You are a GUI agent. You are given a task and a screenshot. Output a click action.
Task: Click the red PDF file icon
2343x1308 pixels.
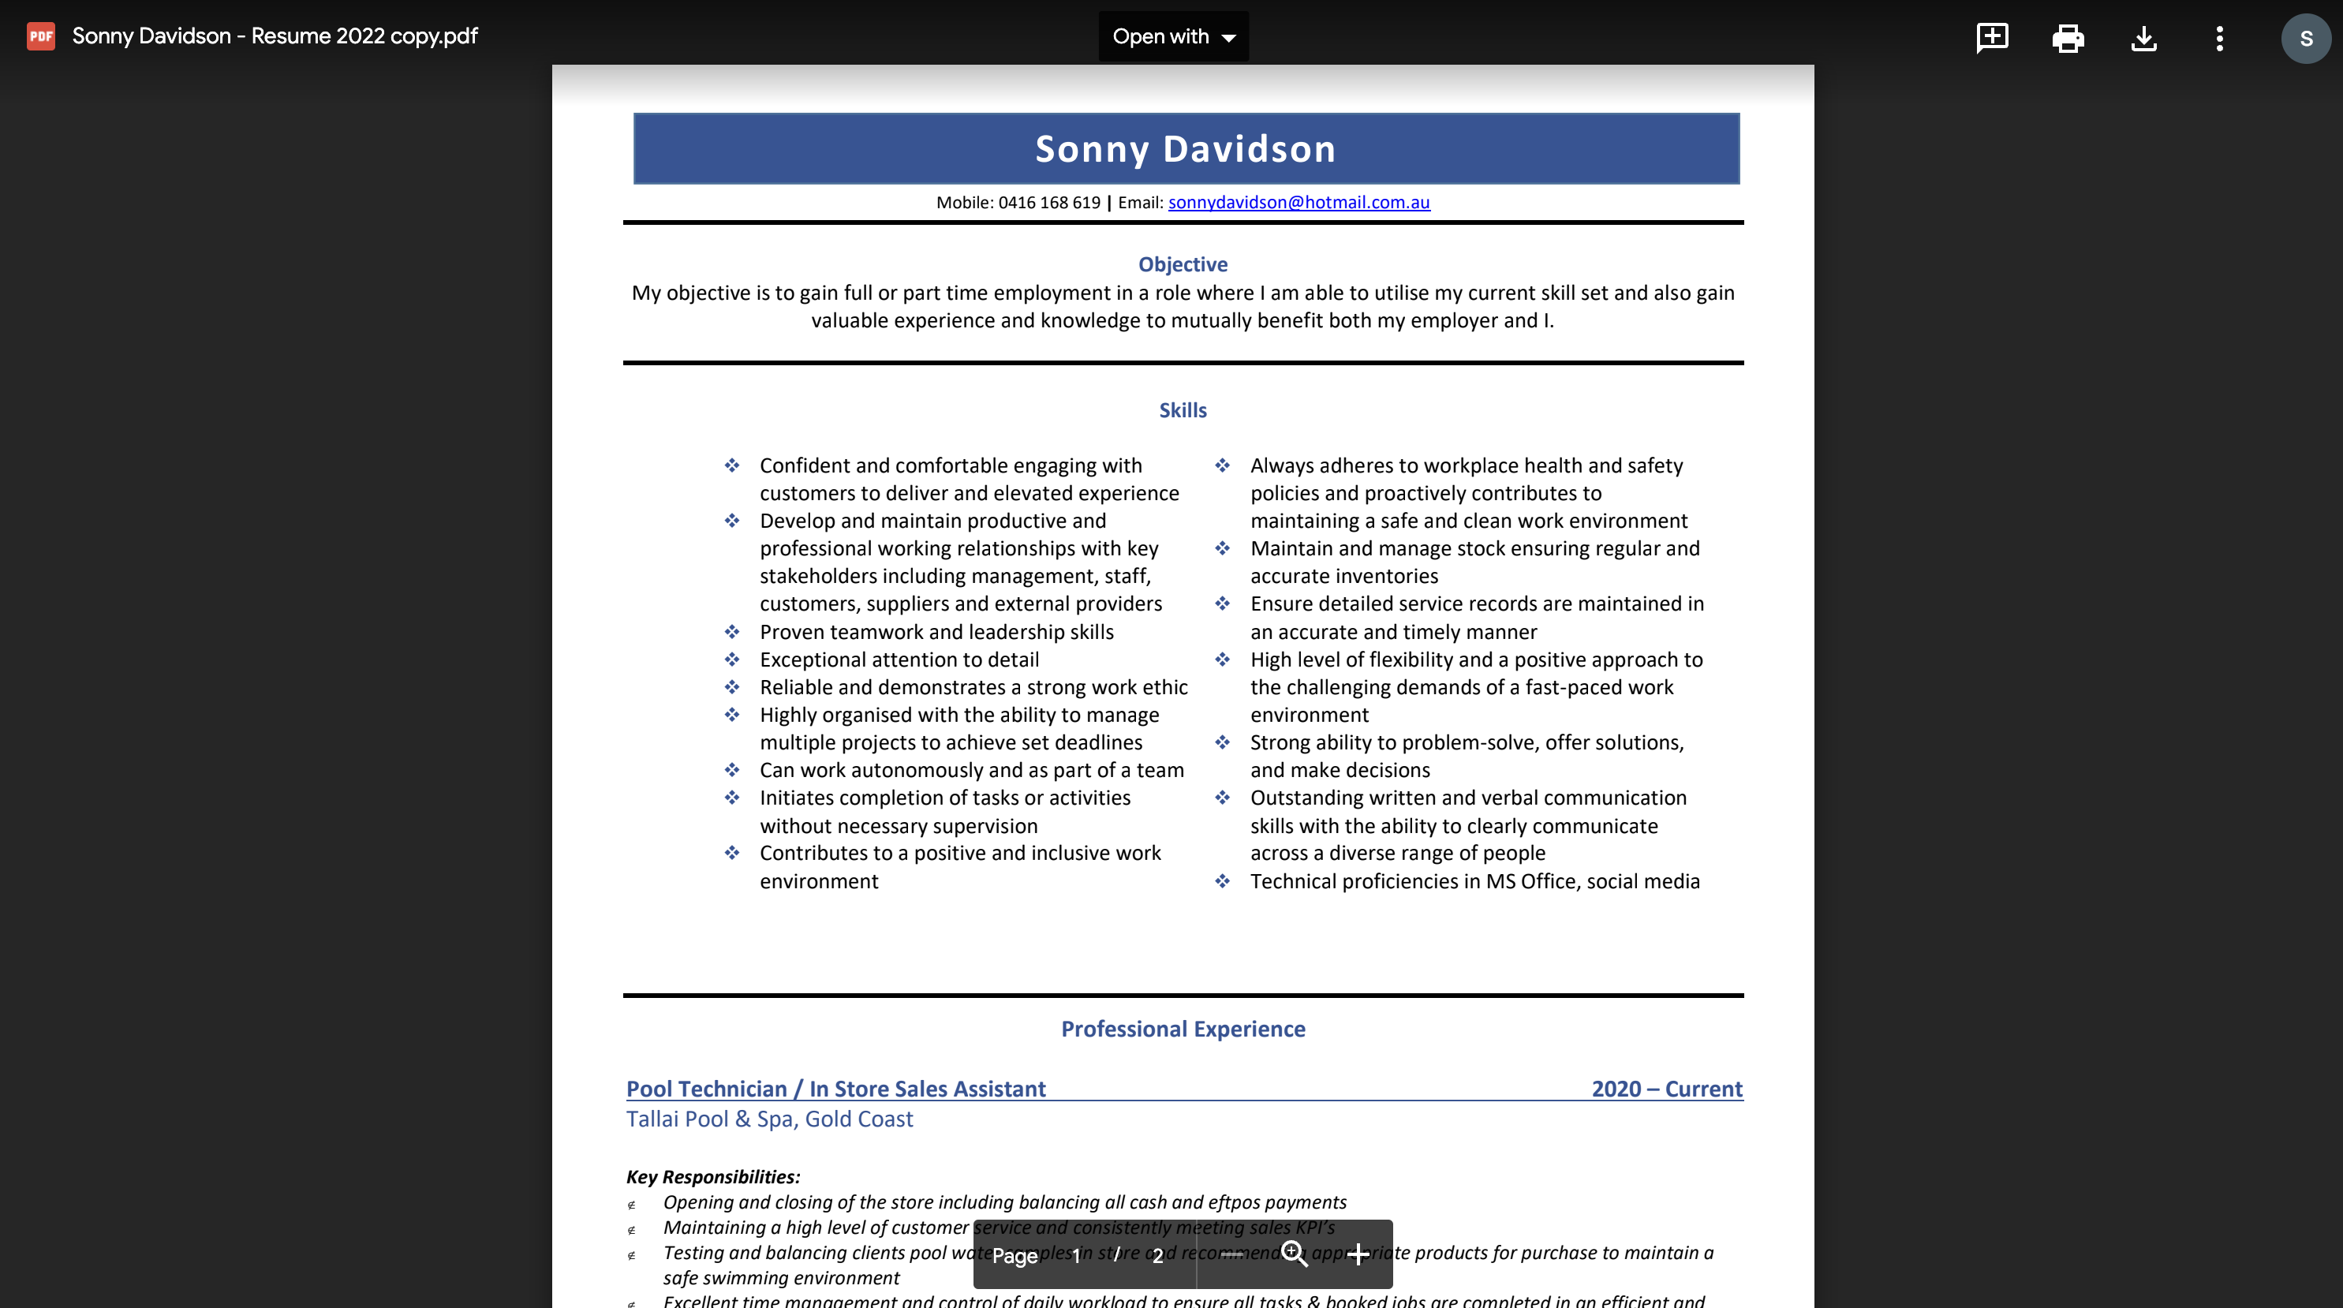tap(41, 36)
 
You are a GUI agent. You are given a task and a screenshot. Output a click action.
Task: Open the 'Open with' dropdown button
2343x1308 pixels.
tap(1172, 36)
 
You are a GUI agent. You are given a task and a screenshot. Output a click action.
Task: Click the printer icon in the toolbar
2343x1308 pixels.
tap(2068, 37)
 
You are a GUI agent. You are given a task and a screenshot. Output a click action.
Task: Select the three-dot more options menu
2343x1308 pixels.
tap(2219, 37)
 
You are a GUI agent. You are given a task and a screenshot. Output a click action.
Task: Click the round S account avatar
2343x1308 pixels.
tap(2305, 38)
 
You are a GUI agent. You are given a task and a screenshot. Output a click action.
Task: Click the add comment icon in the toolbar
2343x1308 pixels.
tap(1992, 37)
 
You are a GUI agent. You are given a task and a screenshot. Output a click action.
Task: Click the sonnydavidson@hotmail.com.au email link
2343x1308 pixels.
tap(1298, 202)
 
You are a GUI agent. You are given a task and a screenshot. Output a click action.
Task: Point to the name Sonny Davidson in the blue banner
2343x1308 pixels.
tap(1185, 148)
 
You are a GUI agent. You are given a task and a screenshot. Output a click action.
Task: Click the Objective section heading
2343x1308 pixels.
tap(1183, 263)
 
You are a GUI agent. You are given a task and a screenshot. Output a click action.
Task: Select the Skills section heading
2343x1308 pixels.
tap(1183, 410)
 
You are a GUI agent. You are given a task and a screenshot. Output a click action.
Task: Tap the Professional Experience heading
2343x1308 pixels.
tap(1183, 1029)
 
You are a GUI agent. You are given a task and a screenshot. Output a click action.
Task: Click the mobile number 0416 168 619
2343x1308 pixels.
tap(1048, 202)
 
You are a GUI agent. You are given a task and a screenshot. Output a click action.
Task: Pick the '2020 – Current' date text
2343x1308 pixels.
tap(1666, 1089)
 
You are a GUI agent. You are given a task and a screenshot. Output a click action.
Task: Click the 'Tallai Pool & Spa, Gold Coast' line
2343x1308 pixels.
tap(768, 1119)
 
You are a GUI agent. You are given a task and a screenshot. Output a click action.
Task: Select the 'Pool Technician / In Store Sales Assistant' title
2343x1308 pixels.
tap(835, 1089)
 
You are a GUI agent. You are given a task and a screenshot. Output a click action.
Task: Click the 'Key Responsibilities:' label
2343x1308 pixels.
tap(712, 1176)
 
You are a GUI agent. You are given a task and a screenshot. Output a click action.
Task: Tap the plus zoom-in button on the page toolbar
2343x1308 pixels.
tap(1358, 1254)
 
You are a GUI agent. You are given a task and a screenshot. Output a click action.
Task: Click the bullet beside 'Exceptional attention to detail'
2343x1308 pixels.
tap(731, 660)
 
